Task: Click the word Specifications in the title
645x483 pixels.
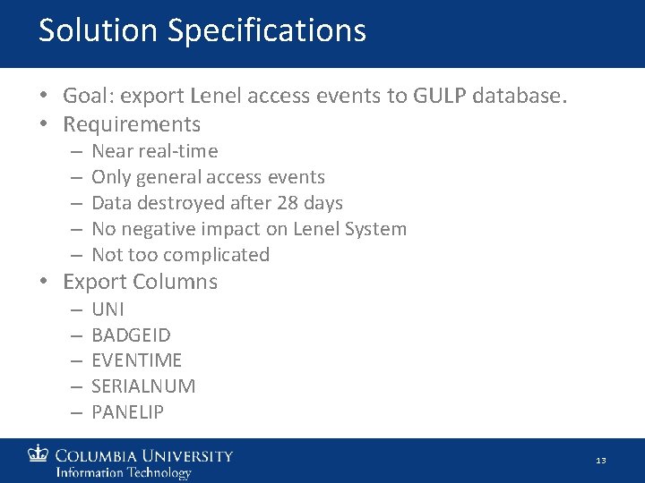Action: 266,31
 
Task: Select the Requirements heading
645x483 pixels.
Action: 132,123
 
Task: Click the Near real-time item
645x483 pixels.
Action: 154,151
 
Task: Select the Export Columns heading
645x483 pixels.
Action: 140,282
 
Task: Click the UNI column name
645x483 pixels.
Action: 108,309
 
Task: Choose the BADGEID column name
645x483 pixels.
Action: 131,335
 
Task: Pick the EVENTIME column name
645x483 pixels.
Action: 136,360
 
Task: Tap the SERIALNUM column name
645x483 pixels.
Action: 143,386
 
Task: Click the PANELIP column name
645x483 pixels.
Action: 127,412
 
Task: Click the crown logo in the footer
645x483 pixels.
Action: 39,454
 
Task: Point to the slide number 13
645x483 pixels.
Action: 600,461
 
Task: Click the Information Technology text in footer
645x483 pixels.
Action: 124,472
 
